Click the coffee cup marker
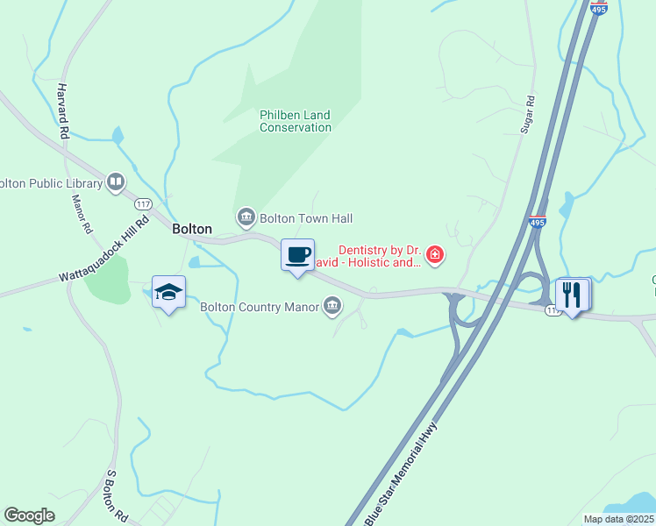[297, 254]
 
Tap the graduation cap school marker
[168, 292]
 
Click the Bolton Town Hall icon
[245, 217]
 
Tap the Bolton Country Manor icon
[332, 306]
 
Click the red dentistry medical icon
[434, 255]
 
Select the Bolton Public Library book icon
[115, 182]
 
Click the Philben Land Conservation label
[296, 121]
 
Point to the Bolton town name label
[192, 229]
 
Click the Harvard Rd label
[63, 112]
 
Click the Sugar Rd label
[527, 115]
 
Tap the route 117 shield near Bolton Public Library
[143, 203]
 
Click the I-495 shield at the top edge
[598, 7]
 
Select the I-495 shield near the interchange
[538, 223]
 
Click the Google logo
[30, 515]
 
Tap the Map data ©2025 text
[618, 519]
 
